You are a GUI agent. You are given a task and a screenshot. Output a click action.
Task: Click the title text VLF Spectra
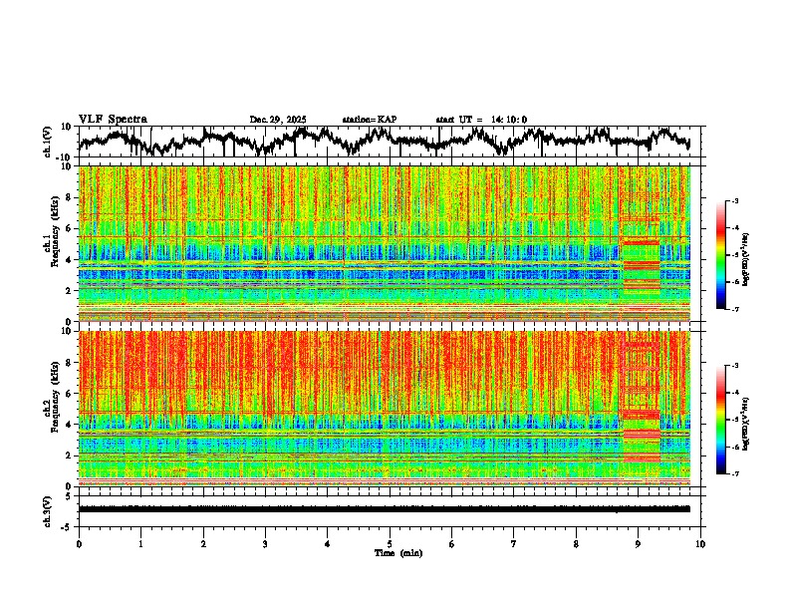click(x=113, y=120)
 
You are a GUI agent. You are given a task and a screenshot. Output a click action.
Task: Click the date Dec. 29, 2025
click(x=278, y=120)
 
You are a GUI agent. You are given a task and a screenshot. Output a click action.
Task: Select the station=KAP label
click(x=370, y=120)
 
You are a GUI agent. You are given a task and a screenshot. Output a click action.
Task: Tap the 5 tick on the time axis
click(x=390, y=543)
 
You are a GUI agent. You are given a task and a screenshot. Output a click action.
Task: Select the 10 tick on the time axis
click(x=700, y=543)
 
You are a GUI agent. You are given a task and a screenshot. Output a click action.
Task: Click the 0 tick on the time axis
click(x=79, y=543)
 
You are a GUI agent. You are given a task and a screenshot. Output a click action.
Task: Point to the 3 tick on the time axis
click(x=265, y=543)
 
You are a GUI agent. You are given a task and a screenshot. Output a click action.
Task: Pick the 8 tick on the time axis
click(x=576, y=543)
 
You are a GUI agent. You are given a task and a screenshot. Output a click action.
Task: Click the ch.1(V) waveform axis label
click(x=48, y=143)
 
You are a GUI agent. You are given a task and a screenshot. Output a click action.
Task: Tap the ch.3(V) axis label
click(x=48, y=509)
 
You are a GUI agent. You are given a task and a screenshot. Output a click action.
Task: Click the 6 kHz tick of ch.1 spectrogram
click(x=70, y=228)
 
